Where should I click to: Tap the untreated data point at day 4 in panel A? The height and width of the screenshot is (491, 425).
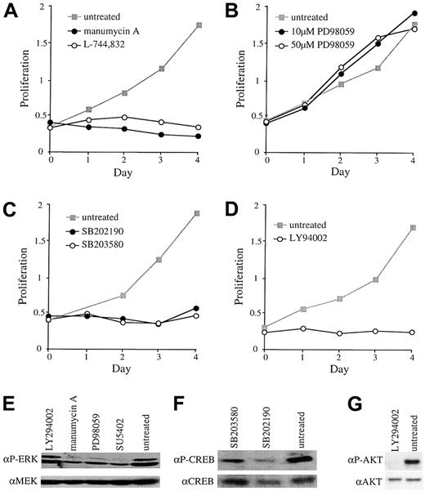(199, 25)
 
